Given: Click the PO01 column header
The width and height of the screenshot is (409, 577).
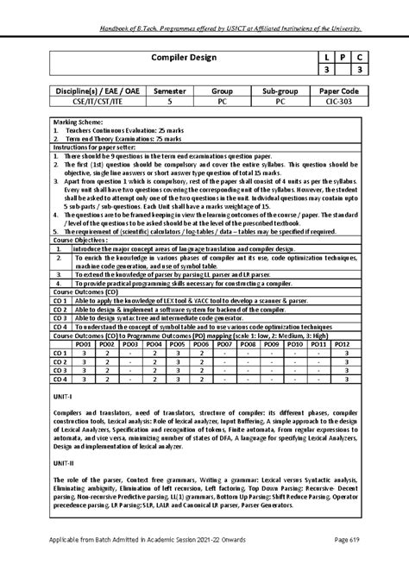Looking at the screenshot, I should (84, 343).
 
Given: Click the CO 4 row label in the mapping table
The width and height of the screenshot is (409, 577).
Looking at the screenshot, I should (60, 379).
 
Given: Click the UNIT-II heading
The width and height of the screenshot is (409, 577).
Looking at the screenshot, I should (64, 462).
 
